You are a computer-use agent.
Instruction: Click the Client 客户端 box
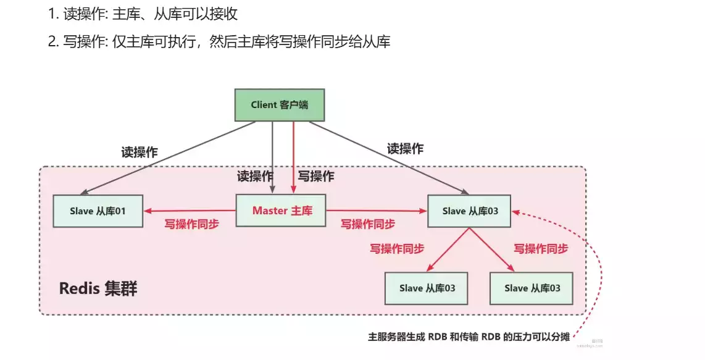point(280,105)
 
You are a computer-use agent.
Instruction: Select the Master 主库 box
point(282,211)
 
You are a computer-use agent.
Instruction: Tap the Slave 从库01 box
point(98,211)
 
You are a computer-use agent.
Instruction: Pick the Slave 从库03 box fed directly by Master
point(470,211)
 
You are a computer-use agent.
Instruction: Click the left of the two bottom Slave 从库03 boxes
point(427,288)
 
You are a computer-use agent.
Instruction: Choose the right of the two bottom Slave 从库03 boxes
point(532,288)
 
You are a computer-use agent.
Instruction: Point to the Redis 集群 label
point(98,288)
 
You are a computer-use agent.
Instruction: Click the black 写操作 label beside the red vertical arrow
point(316,176)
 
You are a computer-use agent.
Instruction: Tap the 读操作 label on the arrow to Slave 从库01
point(140,152)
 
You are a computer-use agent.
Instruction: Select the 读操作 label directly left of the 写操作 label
point(255,176)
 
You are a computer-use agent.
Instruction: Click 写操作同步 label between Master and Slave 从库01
point(191,225)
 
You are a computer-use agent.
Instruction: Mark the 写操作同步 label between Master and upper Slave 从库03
point(368,224)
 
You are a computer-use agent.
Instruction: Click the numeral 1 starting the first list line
point(51,14)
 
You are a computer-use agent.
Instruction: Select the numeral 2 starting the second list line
point(52,42)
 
